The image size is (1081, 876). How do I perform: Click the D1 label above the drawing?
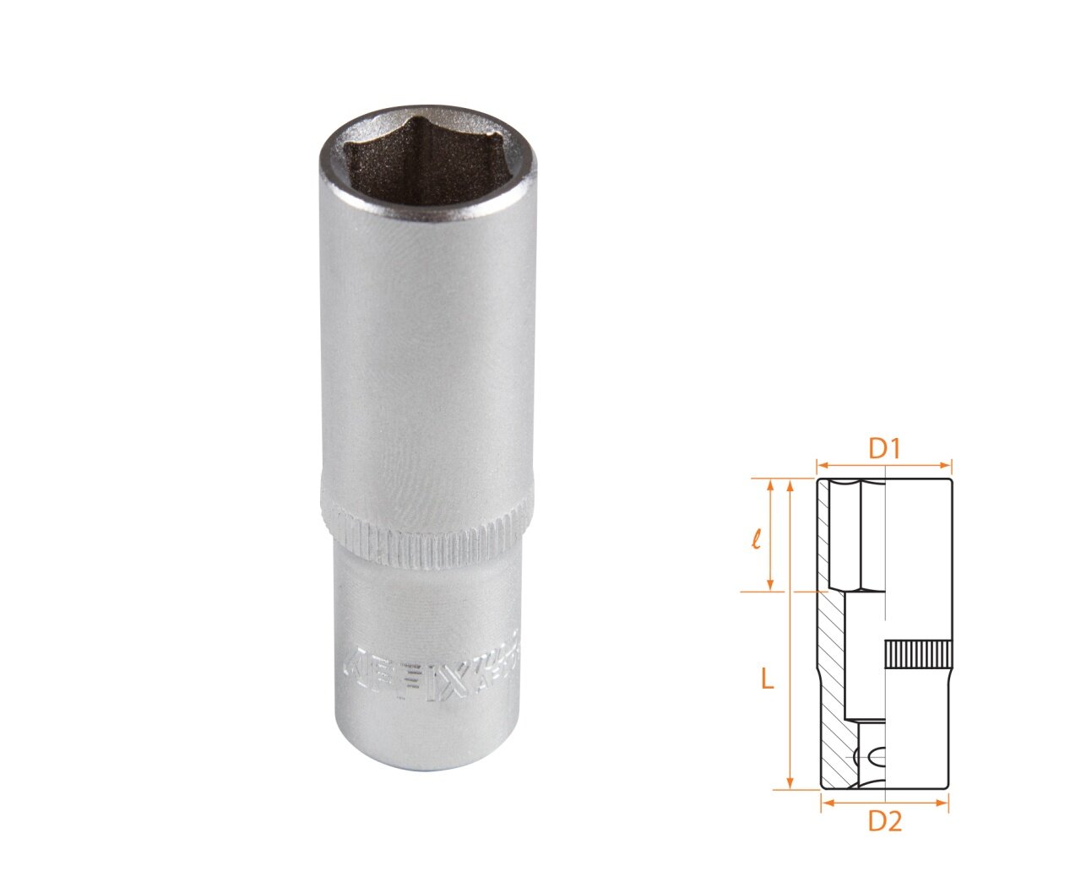tap(883, 449)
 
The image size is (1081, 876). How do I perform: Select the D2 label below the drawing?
tap(884, 820)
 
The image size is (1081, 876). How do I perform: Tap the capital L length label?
tap(767, 678)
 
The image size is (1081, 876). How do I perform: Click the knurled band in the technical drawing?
tap(918, 654)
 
